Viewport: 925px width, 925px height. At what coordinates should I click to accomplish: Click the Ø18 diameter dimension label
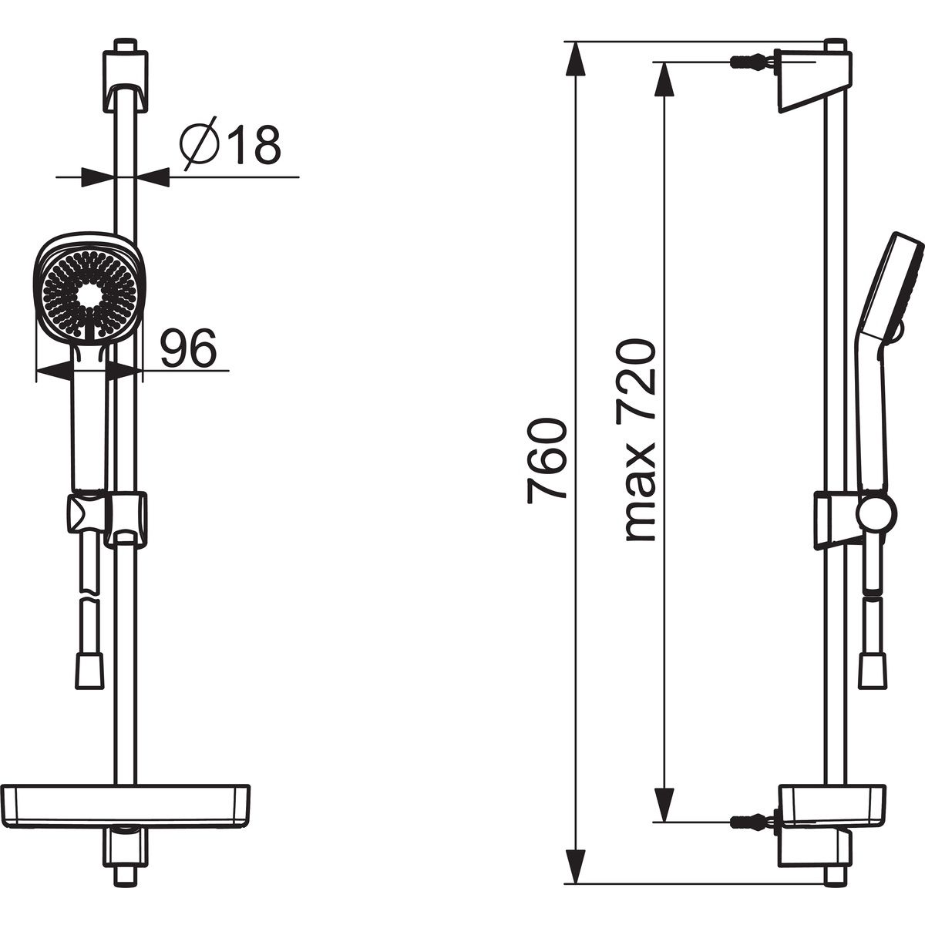pyautogui.click(x=230, y=143)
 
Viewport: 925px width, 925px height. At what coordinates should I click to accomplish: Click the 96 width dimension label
pyautogui.click(x=189, y=348)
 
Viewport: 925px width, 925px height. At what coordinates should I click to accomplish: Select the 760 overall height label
pyautogui.click(x=547, y=461)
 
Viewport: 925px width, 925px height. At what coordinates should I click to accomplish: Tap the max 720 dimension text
pyautogui.click(x=641, y=441)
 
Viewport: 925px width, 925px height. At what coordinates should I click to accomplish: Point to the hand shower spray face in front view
pyautogui.click(x=89, y=294)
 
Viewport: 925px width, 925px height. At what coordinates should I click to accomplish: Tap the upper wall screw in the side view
pyautogui.click(x=754, y=62)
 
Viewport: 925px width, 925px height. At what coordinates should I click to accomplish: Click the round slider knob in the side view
pyautogui.click(x=876, y=513)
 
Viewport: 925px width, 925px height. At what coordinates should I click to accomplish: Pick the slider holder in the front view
pyautogui.click(x=106, y=520)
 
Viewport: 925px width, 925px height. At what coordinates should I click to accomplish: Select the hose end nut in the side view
pyautogui.click(x=873, y=671)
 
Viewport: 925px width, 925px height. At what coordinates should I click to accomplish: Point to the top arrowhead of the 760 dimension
pyautogui.click(x=576, y=59)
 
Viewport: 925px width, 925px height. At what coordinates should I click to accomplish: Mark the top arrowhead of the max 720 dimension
pyautogui.click(x=664, y=79)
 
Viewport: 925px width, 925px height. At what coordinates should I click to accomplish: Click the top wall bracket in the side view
pyautogui.click(x=814, y=79)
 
